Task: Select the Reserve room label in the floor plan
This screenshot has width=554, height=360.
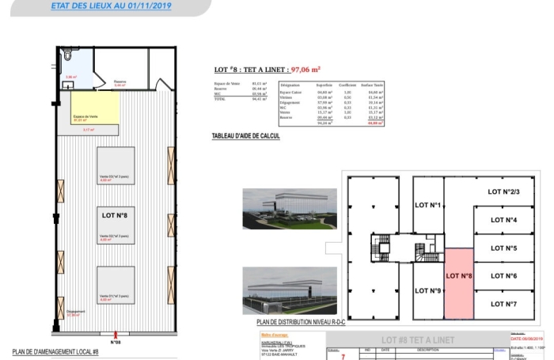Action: click(x=120, y=81)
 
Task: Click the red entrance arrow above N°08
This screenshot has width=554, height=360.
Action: click(x=116, y=335)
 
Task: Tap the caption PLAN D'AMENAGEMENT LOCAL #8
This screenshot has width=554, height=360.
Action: click(x=55, y=352)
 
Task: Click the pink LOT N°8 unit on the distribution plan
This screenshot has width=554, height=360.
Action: click(x=459, y=277)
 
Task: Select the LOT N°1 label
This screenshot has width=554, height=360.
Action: click(x=427, y=205)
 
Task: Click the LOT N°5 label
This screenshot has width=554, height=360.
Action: click(x=503, y=248)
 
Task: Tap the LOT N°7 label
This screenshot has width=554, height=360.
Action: click(x=503, y=304)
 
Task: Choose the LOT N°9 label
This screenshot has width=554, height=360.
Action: click(x=427, y=291)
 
